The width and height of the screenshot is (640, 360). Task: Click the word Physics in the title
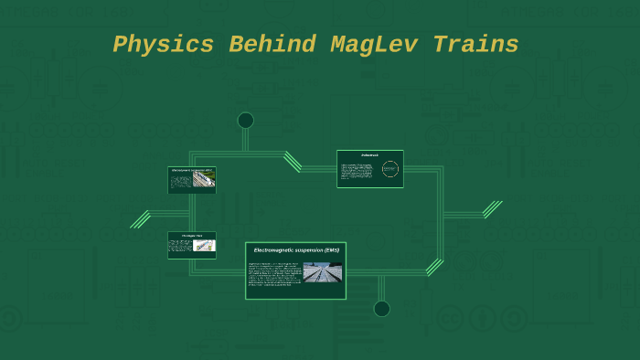152,45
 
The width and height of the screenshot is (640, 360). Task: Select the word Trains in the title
476,45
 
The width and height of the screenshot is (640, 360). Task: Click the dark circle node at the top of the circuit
245,121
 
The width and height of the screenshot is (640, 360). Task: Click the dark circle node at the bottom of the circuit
381,309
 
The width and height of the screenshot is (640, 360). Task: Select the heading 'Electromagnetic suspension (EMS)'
295,250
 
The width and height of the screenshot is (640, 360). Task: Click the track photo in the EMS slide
322,272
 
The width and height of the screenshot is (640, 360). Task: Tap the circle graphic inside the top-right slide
390,169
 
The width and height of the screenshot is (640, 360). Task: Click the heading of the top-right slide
369,155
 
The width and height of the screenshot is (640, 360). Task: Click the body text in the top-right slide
359,171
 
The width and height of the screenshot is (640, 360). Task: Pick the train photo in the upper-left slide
204,180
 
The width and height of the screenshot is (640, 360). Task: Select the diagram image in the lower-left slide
205,245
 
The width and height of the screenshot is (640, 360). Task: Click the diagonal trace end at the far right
493,209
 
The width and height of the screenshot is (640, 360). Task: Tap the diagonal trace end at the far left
140,218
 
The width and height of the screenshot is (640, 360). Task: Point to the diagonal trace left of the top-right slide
293,162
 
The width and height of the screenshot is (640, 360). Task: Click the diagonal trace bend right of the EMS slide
434,267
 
